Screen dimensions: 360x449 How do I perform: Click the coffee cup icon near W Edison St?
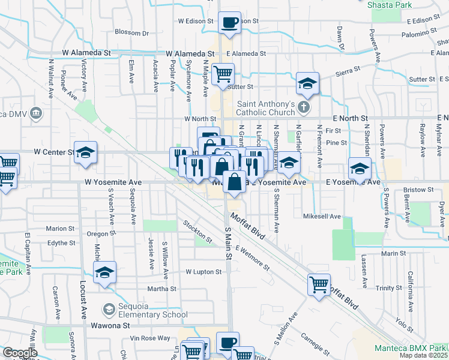pos(229,23)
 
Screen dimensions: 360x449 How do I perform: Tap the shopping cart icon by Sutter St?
pos(223,74)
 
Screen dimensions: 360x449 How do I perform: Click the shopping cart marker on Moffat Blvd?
pos(318,284)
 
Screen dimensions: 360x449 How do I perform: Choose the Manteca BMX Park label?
pos(411,348)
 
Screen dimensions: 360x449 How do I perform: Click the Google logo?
pos(19,352)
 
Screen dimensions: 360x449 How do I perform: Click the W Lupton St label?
pos(203,272)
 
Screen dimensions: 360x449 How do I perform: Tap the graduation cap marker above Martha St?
pos(105,274)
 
